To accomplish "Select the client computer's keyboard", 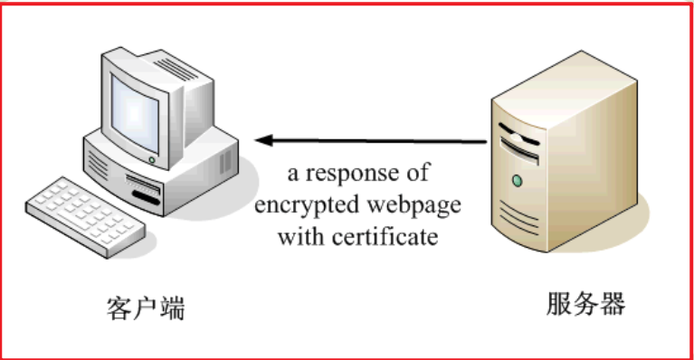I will click(86, 212).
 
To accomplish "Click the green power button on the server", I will click(517, 181).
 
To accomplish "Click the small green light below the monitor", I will click(150, 160).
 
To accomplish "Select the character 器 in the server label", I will click(612, 304).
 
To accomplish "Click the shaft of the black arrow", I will click(380, 140).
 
